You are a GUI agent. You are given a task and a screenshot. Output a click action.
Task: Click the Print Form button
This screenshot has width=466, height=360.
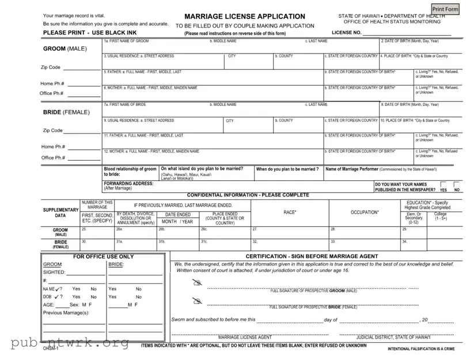446,9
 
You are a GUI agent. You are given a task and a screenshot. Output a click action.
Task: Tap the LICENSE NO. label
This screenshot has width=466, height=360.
346,33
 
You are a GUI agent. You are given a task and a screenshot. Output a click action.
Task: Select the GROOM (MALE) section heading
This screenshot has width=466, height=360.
65,48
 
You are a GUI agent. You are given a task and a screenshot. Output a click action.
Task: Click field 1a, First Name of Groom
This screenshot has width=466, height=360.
156,47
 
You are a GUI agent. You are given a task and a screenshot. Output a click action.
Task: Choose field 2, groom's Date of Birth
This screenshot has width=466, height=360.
420,47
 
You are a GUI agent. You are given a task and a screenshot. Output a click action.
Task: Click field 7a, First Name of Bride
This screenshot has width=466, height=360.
156,110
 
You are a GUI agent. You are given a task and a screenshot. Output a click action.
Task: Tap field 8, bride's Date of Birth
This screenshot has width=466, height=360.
420,110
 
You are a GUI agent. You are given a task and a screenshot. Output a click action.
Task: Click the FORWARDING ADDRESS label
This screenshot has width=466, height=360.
128,183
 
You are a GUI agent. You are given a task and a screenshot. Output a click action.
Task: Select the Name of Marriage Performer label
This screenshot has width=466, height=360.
381,169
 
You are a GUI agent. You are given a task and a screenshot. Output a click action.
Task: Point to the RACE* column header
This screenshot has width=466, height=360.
290,213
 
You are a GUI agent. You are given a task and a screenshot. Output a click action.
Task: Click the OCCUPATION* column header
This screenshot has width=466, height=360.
365,213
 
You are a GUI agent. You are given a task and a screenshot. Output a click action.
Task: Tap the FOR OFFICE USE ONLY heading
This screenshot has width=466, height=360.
104,256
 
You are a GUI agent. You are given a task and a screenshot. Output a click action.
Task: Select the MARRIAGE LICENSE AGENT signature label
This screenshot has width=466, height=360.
237,338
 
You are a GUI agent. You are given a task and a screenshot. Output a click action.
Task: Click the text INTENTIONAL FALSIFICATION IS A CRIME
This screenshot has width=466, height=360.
425,350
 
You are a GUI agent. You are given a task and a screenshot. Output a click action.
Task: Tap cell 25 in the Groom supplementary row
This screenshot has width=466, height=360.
96,232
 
